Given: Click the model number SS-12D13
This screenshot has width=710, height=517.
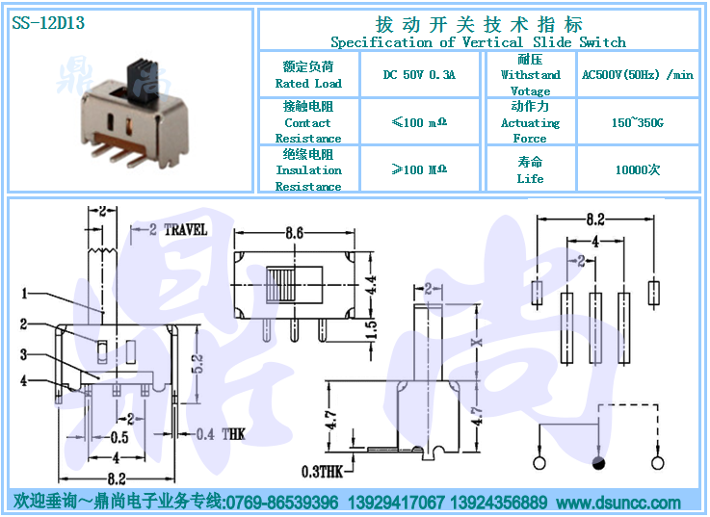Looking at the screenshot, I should click(48, 24).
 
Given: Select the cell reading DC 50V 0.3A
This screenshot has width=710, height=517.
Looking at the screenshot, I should click(418, 74).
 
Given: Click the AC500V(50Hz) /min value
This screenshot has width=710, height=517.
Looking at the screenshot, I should click(637, 74).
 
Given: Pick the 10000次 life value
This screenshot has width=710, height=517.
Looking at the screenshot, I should click(637, 169).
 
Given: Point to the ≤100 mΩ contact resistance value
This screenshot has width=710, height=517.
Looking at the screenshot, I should click(418, 122).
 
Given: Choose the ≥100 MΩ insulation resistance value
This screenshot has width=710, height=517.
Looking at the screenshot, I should click(418, 169).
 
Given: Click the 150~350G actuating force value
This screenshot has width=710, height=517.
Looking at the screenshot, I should click(637, 122).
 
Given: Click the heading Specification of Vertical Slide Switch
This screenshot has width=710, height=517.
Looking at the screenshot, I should click(478, 42).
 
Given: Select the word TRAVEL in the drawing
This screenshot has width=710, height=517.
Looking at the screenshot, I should click(185, 229).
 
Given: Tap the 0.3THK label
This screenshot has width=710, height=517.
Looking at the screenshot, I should click(321, 472).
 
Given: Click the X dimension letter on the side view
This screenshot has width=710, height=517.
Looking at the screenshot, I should click(474, 343).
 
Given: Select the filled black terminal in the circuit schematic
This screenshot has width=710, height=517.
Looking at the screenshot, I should click(599, 464).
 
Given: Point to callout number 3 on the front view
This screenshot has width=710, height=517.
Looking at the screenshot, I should click(24, 354).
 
